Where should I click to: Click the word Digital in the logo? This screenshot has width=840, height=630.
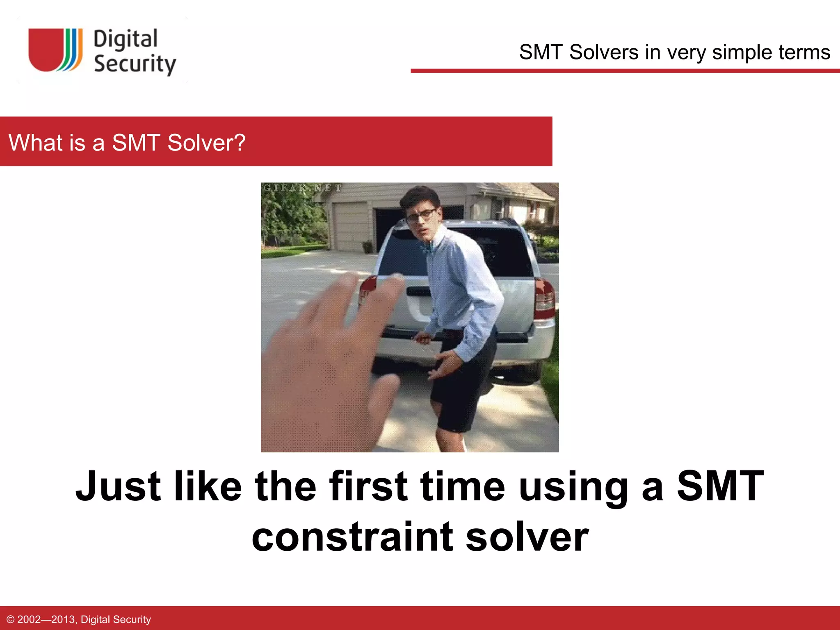125,39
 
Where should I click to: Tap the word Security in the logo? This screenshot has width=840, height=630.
135,64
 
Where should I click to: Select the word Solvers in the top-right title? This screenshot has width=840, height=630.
604,52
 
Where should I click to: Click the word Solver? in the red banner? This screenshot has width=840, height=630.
206,143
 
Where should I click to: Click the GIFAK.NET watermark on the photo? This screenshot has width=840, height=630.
302,188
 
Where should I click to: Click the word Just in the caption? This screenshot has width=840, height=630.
118,486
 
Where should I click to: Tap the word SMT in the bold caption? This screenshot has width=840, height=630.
720,486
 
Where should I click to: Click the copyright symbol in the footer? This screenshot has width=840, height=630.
11,619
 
